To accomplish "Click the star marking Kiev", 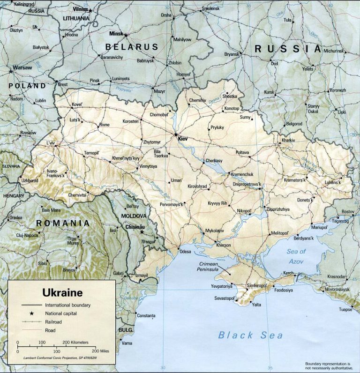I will [176, 134].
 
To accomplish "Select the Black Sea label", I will [250, 335].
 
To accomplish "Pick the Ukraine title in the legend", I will [62, 293].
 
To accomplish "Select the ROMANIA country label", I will [63, 223].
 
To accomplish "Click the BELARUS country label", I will [132, 47].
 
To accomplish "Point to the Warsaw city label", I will [22, 67].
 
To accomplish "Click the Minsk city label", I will [115, 34].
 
